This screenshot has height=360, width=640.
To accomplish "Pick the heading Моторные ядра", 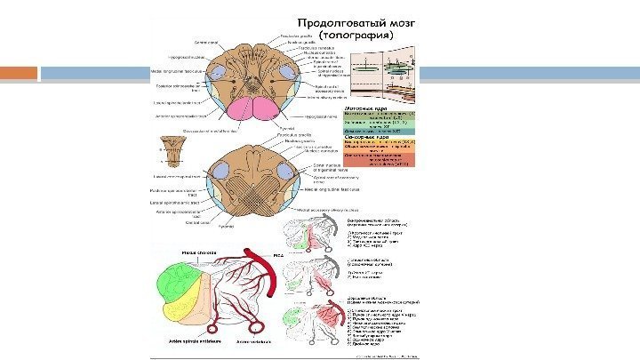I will pyautogui.click(x=363, y=105).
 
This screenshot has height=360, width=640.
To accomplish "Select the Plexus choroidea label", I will pyautogui.click(x=199, y=253).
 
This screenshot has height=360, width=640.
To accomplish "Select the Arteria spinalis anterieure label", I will pyautogui.click(x=190, y=340).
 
